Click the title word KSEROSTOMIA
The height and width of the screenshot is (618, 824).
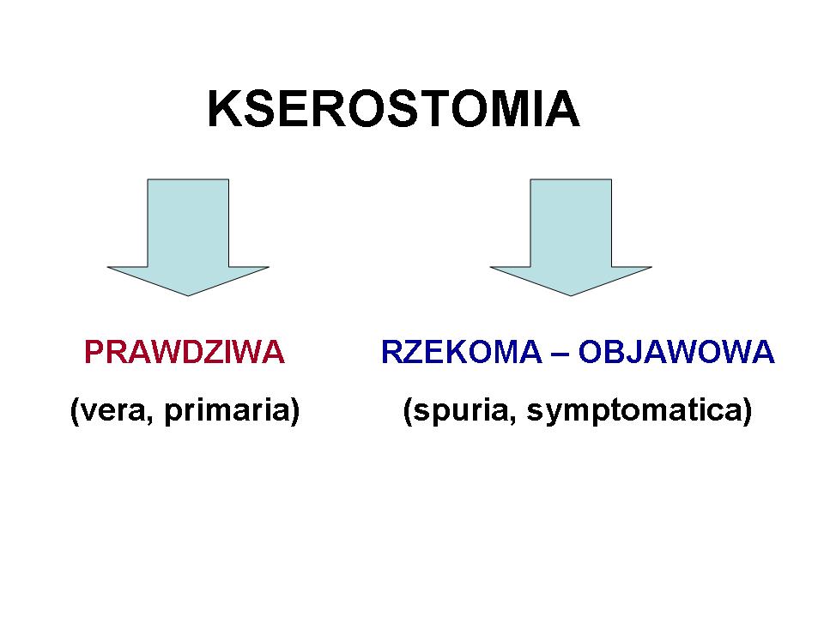click(394, 109)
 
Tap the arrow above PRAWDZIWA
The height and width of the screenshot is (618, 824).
click(188, 237)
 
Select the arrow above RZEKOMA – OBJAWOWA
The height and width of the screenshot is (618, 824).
click(571, 237)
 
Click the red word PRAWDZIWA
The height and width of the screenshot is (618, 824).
click(185, 352)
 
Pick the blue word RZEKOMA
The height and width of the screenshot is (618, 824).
click(462, 352)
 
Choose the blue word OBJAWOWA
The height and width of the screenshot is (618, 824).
click(676, 352)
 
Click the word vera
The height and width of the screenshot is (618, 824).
click(112, 411)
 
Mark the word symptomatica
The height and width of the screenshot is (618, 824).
click(639, 411)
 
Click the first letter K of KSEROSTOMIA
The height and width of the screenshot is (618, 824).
click(224, 109)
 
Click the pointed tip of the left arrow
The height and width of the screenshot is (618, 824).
click(188, 296)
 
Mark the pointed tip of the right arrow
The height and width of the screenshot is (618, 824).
click(571, 296)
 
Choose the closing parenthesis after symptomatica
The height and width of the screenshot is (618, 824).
click(748, 411)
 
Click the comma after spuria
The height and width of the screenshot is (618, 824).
click(512, 419)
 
